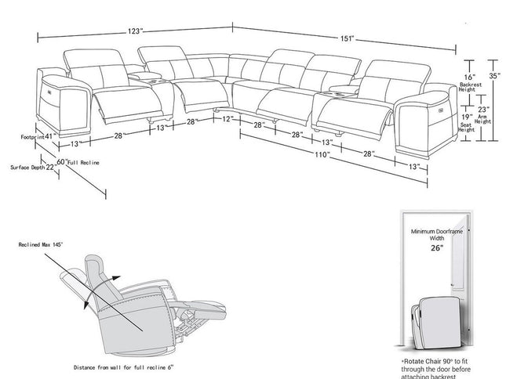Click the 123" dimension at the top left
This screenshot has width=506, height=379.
pyautogui.click(x=136, y=31)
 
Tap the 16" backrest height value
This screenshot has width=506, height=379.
pyautogui.click(x=469, y=78)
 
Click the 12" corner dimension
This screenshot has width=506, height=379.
pyautogui.click(x=228, y=119)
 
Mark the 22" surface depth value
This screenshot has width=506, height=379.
pyautogui.click(x=50, y=166)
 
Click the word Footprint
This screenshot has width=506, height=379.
pyautogui.click(x=31, y=136)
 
